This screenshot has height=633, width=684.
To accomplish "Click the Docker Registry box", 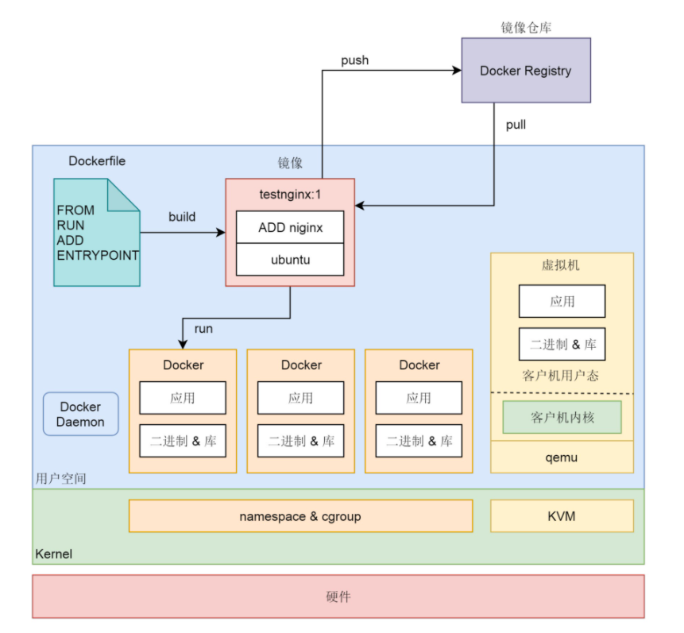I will tap(526, 71).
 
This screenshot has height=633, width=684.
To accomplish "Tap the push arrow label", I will tap(354, 60).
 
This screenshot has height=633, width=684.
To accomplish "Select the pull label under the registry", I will tap(516, 125).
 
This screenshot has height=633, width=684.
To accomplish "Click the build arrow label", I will tap(182, 217).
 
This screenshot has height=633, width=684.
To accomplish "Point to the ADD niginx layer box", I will tap(290, 227).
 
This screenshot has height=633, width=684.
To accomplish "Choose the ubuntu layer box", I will tap(290, 260).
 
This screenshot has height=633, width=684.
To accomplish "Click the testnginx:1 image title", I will tap(290, 195).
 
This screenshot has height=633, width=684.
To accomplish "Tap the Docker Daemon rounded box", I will tap(80, 414).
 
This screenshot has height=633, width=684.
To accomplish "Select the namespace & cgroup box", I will tap(300, 516).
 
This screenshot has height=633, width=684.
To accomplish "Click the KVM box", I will tap(561, 516).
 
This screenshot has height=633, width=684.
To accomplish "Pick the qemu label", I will tap(561, 457).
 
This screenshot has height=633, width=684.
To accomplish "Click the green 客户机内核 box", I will tap(562, 417).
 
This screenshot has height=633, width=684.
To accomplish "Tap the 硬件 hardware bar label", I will tap(338, 596).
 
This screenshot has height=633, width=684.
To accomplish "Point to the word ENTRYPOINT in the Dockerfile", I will tap(98, 256).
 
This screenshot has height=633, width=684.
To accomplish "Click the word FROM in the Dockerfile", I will tap(75, 210).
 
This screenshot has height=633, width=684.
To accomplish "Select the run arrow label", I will tap(203, 329).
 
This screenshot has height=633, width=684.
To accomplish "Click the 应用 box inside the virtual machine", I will tap(562, 302).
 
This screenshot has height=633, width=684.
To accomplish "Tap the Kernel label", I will tap(53, 554).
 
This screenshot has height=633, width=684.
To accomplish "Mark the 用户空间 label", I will tap(61, 479).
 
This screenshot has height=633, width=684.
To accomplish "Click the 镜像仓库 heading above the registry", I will tap(526, 28).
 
